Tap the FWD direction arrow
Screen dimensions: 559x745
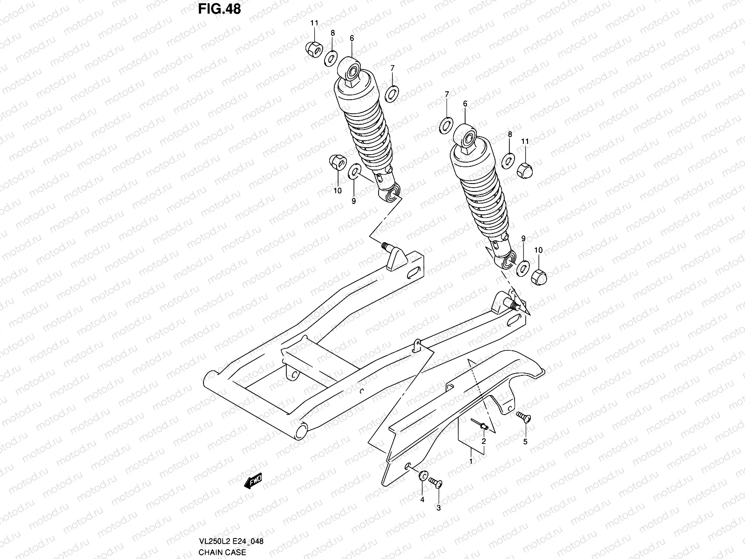[x=253, y=481]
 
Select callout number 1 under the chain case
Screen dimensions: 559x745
[x=471, y=461]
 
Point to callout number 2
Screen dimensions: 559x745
[x=483, y=441]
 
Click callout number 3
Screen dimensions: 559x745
[x=438, y=508]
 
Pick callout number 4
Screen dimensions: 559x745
[x=422, y=500]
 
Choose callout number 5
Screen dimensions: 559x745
[x=525, y=442]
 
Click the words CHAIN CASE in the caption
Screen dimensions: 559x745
[x=222, y=552]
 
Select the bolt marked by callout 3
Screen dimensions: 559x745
[x=435, y=483]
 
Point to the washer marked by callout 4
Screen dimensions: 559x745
[x=423, y=476]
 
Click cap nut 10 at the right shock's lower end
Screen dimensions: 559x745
[x=538, y=277]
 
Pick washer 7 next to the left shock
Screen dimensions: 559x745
[x=392, y=94]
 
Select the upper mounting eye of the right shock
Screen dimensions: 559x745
[x=467, y=138]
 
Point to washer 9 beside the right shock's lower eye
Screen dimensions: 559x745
[x=522, y=266]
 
